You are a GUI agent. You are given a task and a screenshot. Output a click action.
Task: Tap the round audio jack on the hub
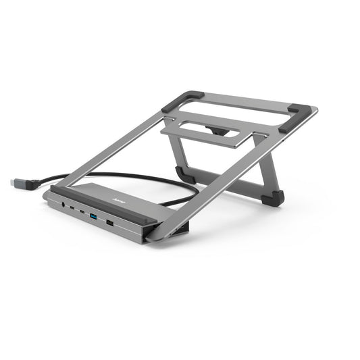point(63,201)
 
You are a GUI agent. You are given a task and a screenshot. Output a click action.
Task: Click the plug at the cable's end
point(21,183)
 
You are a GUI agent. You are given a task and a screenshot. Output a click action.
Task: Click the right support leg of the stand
point(266,166)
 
